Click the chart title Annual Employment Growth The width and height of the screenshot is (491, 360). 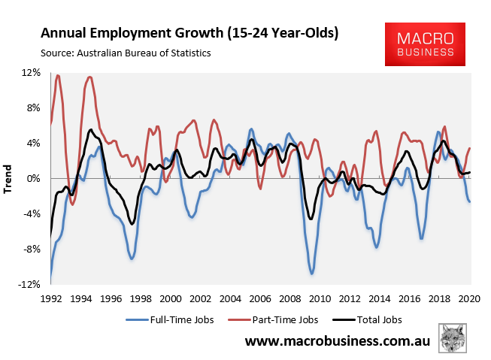(189, 34)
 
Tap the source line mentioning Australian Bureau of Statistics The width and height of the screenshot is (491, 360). (126, 53)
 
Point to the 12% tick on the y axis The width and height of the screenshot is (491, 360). (31, 72)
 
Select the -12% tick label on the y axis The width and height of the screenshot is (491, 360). (29, 285)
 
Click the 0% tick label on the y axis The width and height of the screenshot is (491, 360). (33, 178)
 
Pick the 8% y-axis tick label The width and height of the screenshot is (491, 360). (33, 107)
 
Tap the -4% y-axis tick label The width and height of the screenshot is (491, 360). (31, 213)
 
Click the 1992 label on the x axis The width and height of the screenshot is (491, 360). (51, 297)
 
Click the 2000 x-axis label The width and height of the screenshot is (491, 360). (171, 297)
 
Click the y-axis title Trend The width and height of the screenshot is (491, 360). (8, 179)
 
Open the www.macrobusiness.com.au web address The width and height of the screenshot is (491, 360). (338, 342)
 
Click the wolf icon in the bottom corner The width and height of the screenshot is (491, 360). (453, 338)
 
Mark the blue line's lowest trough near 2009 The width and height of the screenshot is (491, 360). (311, 274)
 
